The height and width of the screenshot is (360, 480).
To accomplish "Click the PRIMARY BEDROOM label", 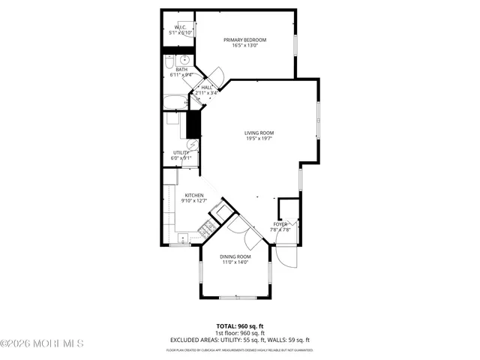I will [x=245, y=40].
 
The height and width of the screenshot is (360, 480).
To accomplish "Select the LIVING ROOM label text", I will [x=259, y=133].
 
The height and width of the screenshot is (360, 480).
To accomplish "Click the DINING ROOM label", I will [x=235, y=256].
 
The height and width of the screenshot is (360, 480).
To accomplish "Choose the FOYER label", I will [x=280, y=223].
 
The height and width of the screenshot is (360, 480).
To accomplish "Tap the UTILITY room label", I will [x=181, y=152].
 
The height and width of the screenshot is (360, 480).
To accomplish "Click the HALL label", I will [x=206, y=88].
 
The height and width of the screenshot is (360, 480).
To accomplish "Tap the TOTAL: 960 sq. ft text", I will [x=239, y=326].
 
